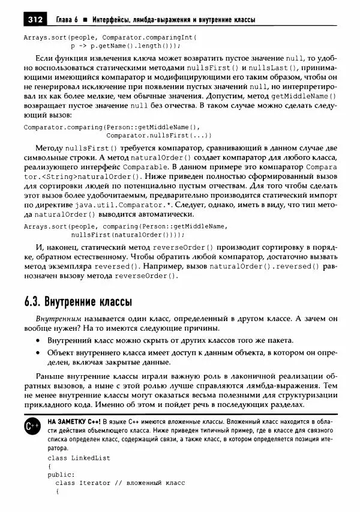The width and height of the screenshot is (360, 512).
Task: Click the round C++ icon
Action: click(33, 426)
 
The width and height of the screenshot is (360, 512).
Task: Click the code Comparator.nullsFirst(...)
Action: click(151, 135)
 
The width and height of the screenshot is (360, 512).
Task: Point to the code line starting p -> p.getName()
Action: click(125, 45)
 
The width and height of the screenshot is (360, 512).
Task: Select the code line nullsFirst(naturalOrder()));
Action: click(118, 235)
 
